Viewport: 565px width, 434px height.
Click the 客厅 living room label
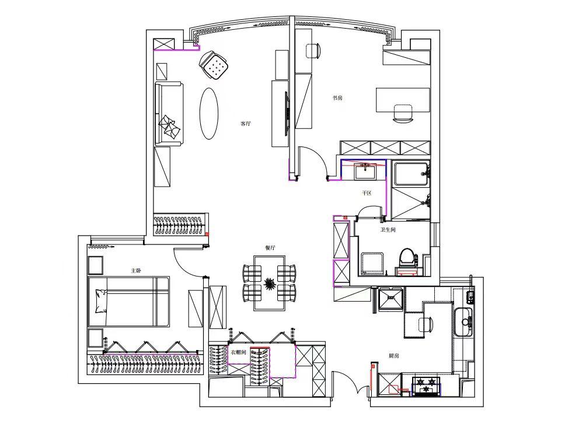(245, 124)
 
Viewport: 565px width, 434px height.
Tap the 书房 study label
(337, 97)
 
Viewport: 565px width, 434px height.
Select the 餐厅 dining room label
(270, 248)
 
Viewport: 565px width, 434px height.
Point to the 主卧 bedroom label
(136, 271)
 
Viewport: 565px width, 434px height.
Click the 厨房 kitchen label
(394, 356)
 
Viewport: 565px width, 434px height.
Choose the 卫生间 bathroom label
(388, 229)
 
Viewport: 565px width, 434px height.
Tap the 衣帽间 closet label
(238, 352)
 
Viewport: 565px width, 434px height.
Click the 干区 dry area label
(367, 193)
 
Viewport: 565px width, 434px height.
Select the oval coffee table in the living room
(209, 114)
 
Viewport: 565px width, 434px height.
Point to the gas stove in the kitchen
(427, 386)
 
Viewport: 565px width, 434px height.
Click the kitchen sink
(463, 321)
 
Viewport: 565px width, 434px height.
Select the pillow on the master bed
(101, 301)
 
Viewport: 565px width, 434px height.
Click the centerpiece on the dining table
(269, 283)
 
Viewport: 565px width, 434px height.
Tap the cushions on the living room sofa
(170, 127)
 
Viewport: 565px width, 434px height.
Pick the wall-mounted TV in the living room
(287, 113)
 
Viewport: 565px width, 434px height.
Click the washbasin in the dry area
(365, 171)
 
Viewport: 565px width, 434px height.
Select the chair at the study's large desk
(403, 113)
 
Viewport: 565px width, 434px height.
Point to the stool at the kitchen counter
(427, 325)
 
